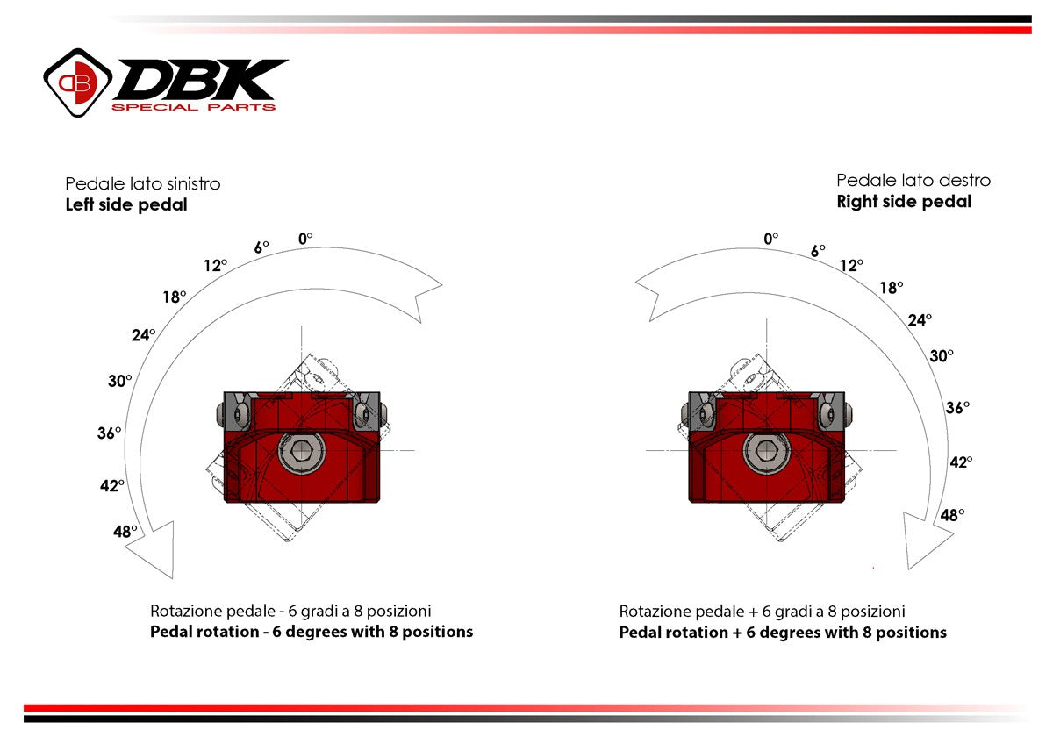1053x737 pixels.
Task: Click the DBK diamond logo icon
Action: [78, 82]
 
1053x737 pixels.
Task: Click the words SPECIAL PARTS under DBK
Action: [193, 107]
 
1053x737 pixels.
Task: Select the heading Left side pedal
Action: [126, 205]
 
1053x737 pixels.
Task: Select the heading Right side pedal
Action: [904, 202]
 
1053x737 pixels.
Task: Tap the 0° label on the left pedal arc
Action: [305, 238]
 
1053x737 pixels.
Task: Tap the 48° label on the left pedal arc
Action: [125, 531]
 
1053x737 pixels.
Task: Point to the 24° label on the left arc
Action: [143, 334]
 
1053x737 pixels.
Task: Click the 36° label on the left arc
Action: [109, 433]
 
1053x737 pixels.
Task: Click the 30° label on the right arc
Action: [942, 355]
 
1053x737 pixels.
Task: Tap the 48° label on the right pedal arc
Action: [952, 515]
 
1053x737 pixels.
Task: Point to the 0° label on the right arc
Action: [771, 238]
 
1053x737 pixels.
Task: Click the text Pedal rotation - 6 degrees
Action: [312, 632]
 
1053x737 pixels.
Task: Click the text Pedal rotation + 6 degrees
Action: [783, 633]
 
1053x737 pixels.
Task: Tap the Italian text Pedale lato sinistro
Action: [143, 184]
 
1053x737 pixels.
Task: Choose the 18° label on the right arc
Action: [892, 287]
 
